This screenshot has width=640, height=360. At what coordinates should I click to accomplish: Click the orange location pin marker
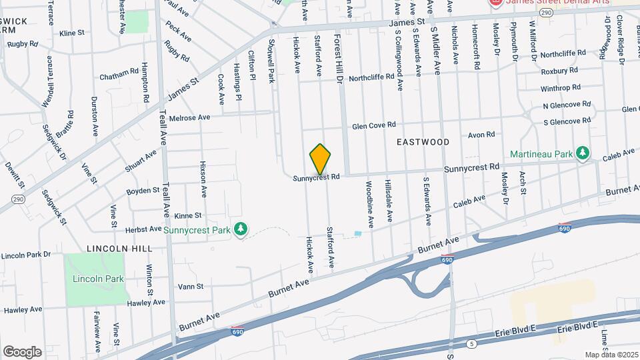tap(321, 159)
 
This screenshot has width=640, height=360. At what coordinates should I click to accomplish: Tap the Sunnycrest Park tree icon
tap(241, 230)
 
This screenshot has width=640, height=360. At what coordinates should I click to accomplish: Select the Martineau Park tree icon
tap(583, 154)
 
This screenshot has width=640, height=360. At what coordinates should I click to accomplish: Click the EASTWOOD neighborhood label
tap(423, 142)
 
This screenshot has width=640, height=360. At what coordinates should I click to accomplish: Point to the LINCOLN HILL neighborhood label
tap(115, 248)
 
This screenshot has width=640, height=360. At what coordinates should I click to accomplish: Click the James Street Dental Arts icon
tap(495, 3)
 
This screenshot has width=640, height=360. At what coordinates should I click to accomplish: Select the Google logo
tap(22, 351)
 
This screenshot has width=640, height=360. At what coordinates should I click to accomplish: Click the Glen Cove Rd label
tap(374, 125)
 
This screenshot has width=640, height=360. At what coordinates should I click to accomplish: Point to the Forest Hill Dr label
tap(338, 60)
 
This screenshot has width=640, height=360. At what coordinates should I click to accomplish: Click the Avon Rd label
tap(481, 135)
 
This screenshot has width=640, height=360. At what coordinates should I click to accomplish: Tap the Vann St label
tap(190, 287)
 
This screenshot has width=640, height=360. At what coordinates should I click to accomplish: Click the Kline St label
tap(71, 32)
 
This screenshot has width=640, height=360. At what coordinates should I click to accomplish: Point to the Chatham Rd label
tap(119, 70)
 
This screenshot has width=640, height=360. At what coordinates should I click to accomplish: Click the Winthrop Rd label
tap(560, 88)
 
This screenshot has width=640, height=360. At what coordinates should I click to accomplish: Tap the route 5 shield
tap(472, 344)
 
